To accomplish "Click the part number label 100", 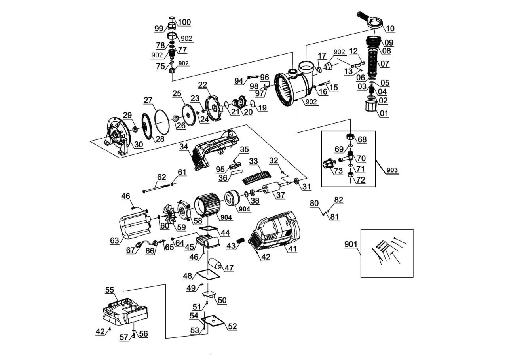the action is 184,22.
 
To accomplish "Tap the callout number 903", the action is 392,170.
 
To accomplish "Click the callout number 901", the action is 351,244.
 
